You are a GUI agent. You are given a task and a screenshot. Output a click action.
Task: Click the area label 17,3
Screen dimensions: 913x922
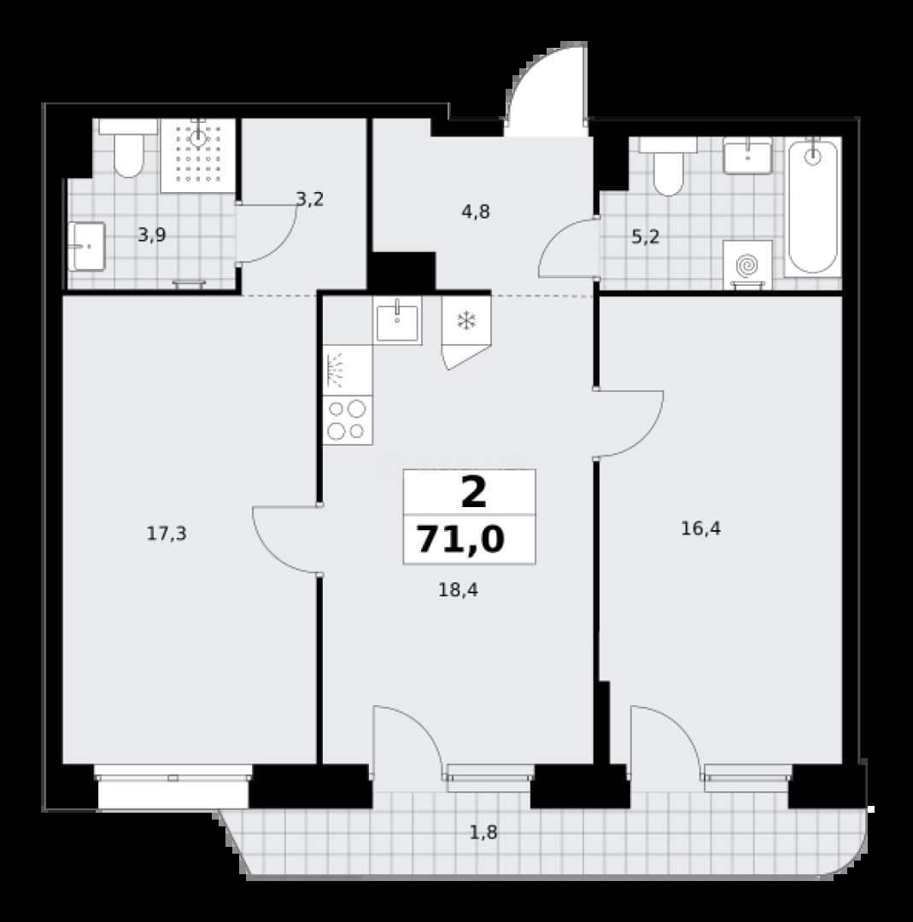coord(167,534)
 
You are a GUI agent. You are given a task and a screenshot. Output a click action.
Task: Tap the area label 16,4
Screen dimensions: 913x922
coord(700,528)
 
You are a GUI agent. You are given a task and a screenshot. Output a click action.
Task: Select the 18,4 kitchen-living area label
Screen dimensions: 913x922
coord(459,590)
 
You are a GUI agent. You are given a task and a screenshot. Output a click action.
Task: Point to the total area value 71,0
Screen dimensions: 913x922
coord(460,540)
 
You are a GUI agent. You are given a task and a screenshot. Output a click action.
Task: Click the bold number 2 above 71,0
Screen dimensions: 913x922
coord(473,493)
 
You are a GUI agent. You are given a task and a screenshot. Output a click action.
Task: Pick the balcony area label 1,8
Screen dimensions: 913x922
coord(483,832)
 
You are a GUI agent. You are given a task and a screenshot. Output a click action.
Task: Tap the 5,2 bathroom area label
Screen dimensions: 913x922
coord(646,237)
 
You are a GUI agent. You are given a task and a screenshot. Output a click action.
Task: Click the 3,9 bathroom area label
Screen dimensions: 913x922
coord(152,236)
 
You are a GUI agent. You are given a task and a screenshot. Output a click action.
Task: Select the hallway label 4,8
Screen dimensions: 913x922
coord(476,212)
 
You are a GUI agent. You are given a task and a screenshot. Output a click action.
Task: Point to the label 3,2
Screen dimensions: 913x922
coord(310,200)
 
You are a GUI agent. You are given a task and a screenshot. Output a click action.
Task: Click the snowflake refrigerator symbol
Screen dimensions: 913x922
coord(466,321)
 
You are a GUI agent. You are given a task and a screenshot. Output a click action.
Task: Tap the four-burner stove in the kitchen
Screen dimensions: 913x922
coord(347,420)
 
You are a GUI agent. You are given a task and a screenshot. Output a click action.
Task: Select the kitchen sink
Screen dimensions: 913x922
coord(397,321)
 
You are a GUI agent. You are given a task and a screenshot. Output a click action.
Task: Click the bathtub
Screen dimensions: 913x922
coord(813,207)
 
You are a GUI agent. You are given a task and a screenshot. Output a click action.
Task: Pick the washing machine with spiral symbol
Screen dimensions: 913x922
coord(747,265)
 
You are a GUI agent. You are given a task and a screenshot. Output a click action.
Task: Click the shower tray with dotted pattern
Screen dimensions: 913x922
coord(198,155)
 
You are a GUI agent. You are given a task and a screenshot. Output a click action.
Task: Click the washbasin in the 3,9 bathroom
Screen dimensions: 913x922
coord(86,247)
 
